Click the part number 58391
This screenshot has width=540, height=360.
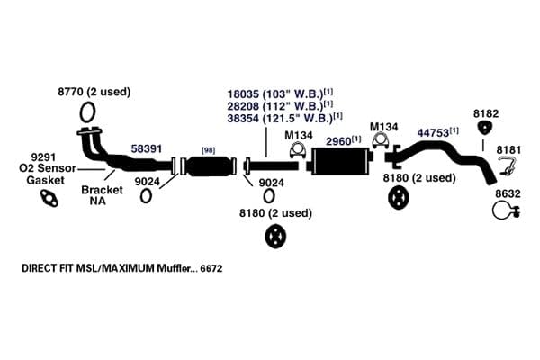tap(147, 148)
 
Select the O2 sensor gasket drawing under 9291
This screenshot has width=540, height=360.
tap(49, 198)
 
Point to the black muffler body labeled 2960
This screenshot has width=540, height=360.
tap(342, 161)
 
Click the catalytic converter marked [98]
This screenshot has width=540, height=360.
tap(209, 166)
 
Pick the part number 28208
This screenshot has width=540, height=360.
tap(243, 106)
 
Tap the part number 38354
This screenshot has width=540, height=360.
tap(243, 118)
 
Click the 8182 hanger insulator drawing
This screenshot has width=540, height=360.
tap(485, 128)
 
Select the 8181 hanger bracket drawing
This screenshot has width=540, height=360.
tap(507, 166)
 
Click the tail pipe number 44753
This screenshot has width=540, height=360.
tap(433, 133)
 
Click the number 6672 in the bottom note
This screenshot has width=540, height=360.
tap(211, 268)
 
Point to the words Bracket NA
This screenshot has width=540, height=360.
tap(102, 195)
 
